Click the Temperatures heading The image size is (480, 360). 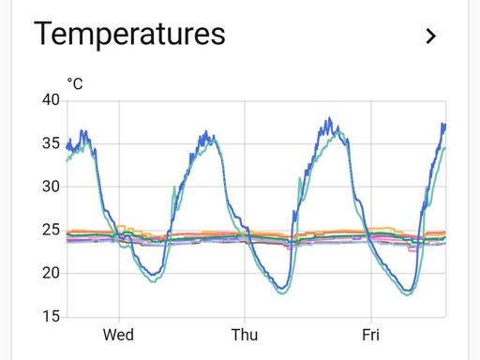129,34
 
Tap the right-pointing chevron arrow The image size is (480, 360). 431,37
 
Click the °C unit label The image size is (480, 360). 75,83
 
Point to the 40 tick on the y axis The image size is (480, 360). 51,100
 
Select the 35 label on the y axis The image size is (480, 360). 51,143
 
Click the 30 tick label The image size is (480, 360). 51,187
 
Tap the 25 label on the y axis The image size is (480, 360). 51,230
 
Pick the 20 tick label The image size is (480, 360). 51,274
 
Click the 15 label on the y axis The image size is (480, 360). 51,317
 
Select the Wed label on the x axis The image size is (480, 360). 118,335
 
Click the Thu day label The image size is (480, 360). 245,335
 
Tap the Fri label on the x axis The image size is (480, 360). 371,335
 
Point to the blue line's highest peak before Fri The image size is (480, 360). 329,117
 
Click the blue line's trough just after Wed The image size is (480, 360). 153,275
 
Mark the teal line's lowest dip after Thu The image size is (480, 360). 282,293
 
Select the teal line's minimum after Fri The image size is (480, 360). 409,294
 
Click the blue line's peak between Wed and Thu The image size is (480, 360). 206,131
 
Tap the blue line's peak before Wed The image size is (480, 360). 82,130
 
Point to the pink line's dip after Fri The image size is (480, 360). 412,251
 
